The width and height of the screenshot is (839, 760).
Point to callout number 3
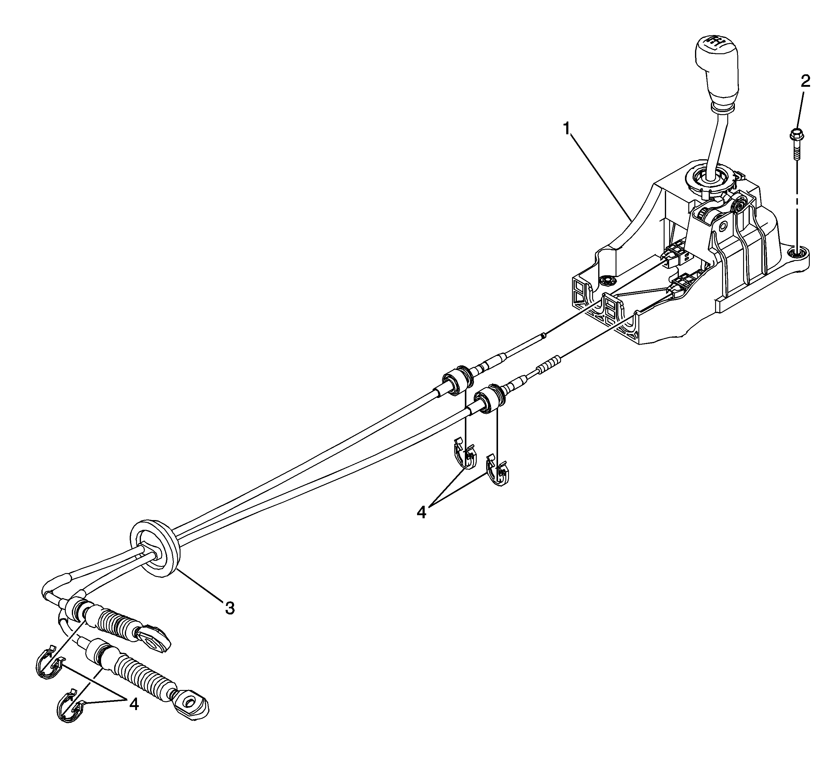pyautogui.click(x=230, y=608)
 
